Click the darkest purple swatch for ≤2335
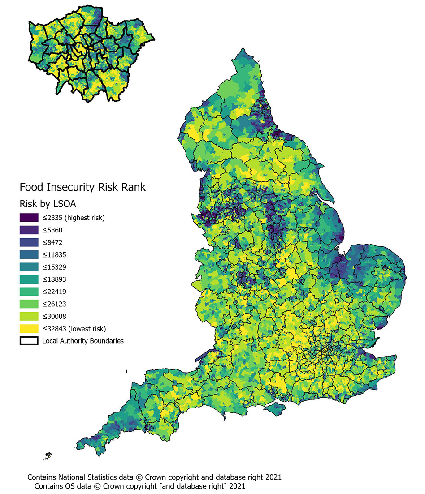pyautogui.click(x=29, y=218)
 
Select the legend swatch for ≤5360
pyautogui.click(x=29, y=230)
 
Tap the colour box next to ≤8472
pyautogui.click(x=29, y=243)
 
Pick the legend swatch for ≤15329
pyautogui.click(x=29, y=267)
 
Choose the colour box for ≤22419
pyautogui.click(x=29, y=292)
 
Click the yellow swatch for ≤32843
pyautogui.click(x=29, y=328)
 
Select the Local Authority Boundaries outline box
pyautogui.click(x=29, y=340)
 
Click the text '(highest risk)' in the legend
pyautogui.click(x=85, y=218)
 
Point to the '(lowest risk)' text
pyautogui.click(x=85, y=328)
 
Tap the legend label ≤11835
pyautogui.click(x=55, y=255)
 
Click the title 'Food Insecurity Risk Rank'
pyautogui.click(x=82, y=187)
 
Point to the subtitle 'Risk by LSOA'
pyautogui.click(x=48, y=203)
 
